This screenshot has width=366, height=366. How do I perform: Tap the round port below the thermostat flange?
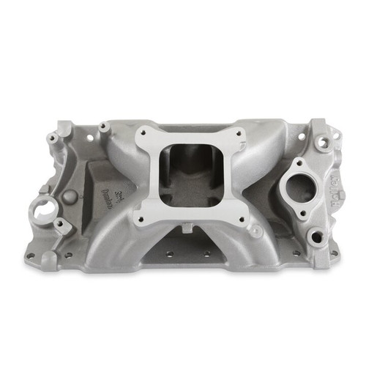(315, 237)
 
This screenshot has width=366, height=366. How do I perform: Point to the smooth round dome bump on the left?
(70, 197)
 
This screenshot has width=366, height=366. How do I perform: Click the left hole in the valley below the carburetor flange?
(168, 253)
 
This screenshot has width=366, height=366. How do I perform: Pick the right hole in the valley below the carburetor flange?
(207, 254)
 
